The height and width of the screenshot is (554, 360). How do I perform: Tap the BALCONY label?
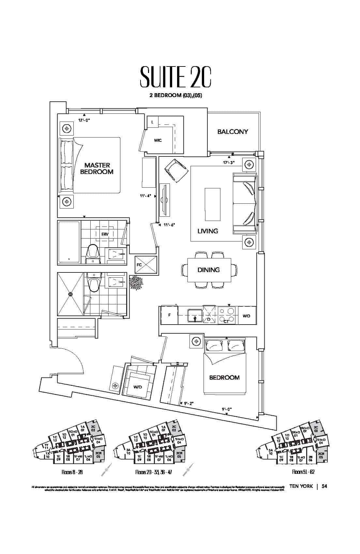click(232, 132)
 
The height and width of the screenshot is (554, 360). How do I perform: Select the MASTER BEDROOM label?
click(97, 168)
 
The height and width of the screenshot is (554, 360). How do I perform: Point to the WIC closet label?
click(158, 140)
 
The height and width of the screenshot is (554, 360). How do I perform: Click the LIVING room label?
click(208, 231)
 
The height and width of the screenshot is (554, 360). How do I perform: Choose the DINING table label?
click(208, 270)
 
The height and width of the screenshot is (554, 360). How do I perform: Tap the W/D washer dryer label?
click(138, 387)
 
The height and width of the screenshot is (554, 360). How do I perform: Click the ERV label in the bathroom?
click(105, 234)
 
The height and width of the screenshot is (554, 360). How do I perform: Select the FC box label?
click(139, 265)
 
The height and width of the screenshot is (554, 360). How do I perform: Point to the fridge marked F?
click(169, 315)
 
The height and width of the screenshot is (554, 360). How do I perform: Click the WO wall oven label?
click(247, 316)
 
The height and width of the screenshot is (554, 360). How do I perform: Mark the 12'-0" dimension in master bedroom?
click(84, 120)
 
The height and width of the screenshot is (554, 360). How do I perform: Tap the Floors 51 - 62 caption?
click(303, 472)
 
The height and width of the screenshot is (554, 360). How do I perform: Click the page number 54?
click(324, 486)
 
